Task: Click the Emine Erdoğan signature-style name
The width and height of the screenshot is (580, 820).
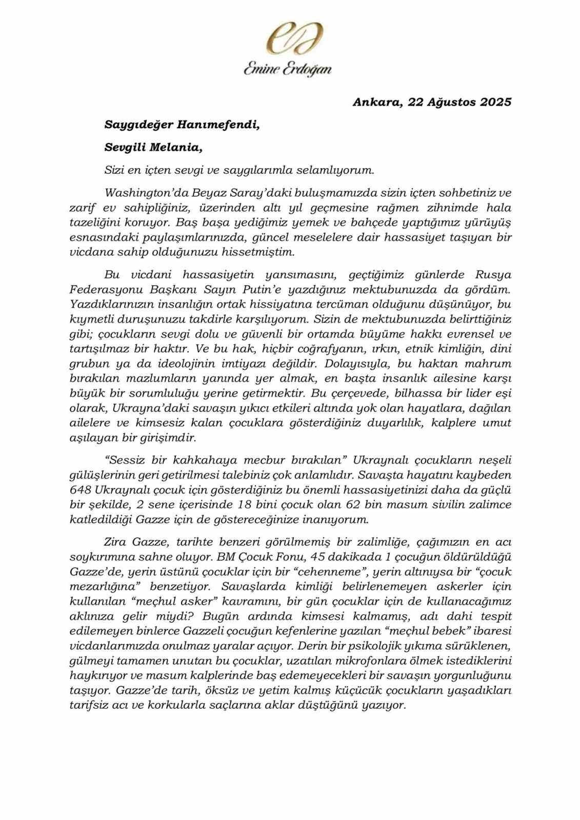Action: coord(287,70)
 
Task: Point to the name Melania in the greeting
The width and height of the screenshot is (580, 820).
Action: coord(176,147)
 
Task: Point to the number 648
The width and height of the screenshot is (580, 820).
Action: coord(81,489)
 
